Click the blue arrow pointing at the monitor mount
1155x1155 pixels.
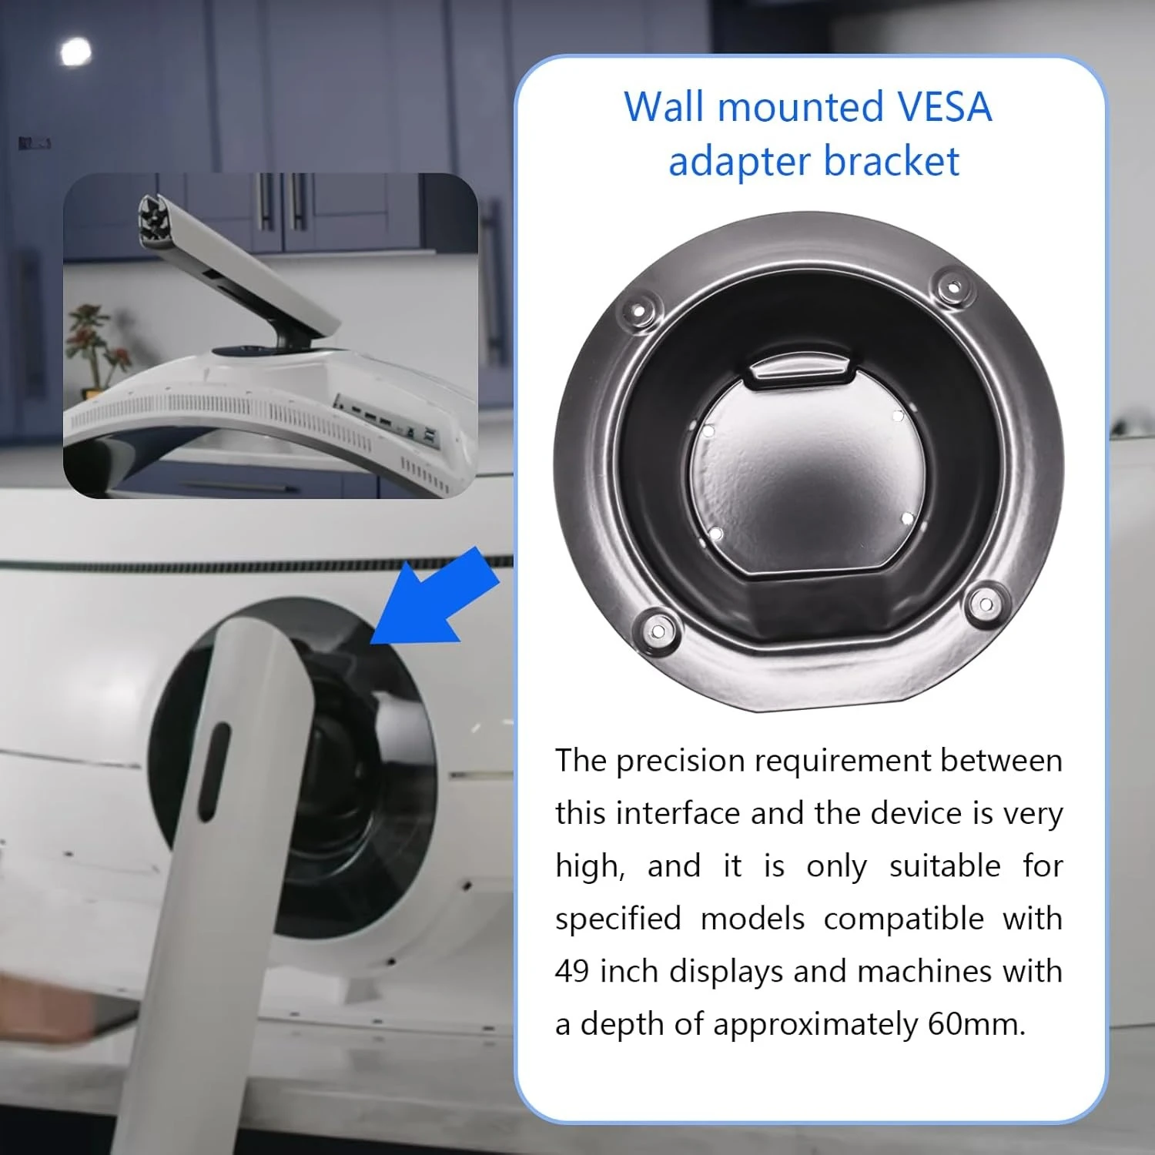click(x=435, y=598)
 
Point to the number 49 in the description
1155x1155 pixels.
click(x=572, y=971)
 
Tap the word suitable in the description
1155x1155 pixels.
click(x=945, y=866)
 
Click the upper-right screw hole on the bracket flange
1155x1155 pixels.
click(x=952, y=286)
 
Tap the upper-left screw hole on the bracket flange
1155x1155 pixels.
click(x=638, y=312)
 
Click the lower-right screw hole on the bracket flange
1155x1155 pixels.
click(x=983, y=604)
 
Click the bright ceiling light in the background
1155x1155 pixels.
click(x=75, y=52)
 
